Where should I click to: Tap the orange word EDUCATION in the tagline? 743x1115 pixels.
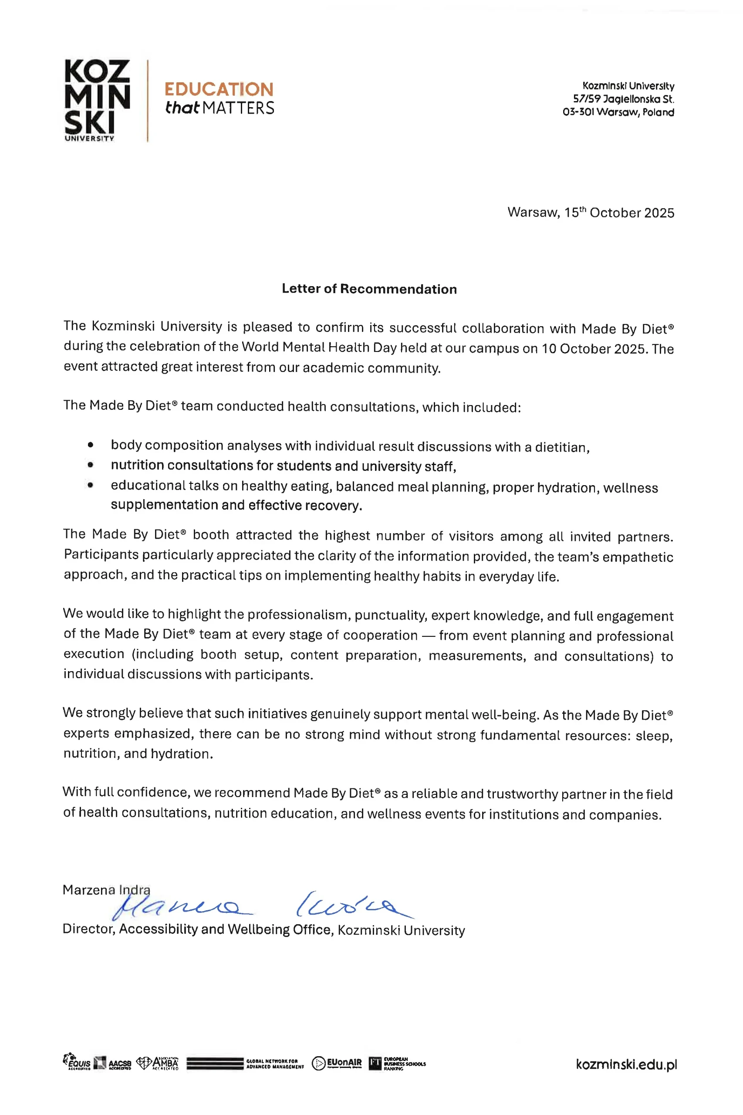coord(219,90)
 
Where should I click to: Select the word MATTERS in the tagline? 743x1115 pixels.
coord(238,108)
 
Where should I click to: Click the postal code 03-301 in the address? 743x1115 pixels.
coord(578,112)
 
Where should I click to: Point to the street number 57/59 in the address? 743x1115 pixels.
coord(587,99)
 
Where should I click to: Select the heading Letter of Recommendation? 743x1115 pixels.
coord(369,289)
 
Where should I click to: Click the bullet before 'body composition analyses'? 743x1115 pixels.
coord(91,445)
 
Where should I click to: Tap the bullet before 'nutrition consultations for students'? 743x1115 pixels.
coord(91,465)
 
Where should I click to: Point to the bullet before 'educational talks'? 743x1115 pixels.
coord(91,485)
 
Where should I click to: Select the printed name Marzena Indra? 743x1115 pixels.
coord(106,890)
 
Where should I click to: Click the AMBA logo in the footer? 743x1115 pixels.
coord(157,1063)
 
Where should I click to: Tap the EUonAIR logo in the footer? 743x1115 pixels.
coord(337,1063)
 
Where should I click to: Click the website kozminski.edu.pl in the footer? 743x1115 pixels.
coord(626,1064)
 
